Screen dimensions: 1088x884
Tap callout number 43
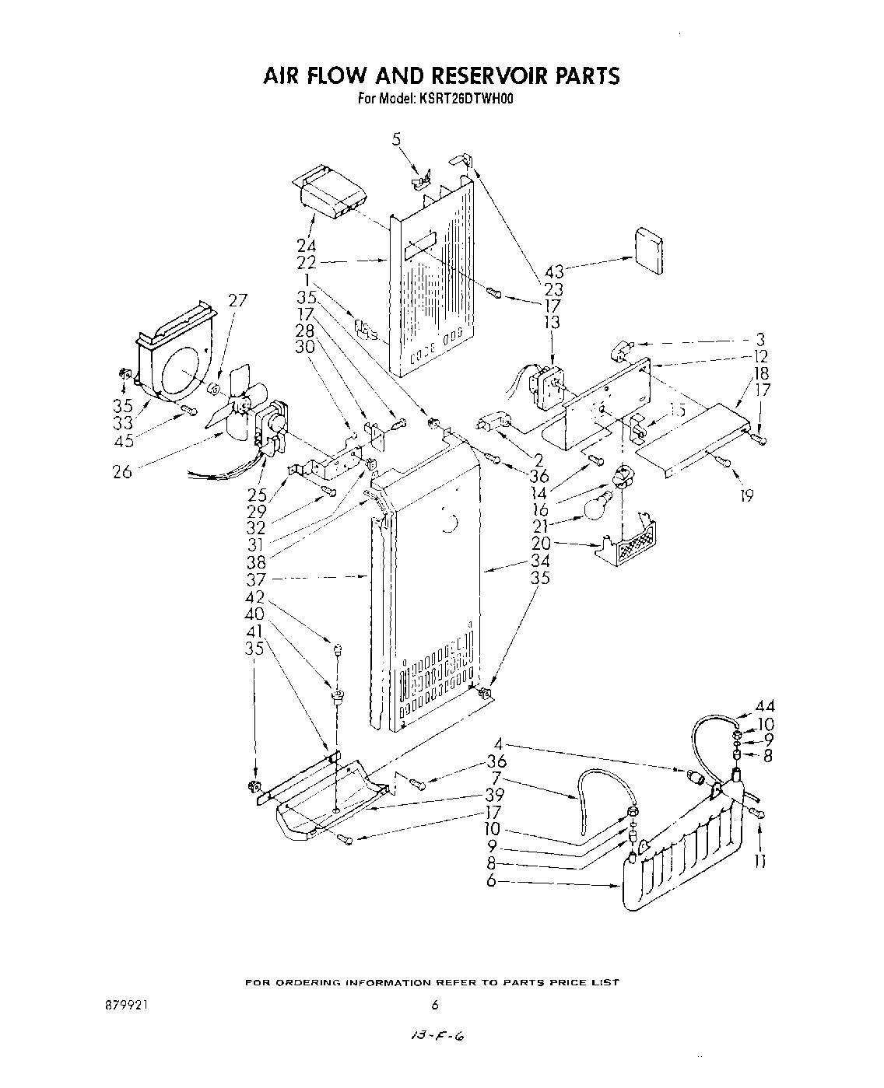pyautogui.click(x=554, y=271)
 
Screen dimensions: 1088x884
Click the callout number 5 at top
pyautogui.click(x=396, y=141)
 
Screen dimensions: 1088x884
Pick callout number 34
pyautogui.click(x=540, y=561)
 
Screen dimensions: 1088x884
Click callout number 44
pyautogui.click(x=765, y=707)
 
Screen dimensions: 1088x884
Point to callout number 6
pyautogui.click(x=491, y=881)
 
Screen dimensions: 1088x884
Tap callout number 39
pyautogui.click(x=494, y=796)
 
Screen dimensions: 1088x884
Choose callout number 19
pyautogui.click(x=747, y=495)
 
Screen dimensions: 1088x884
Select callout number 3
pyautogui.click(x=761, y=340)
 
